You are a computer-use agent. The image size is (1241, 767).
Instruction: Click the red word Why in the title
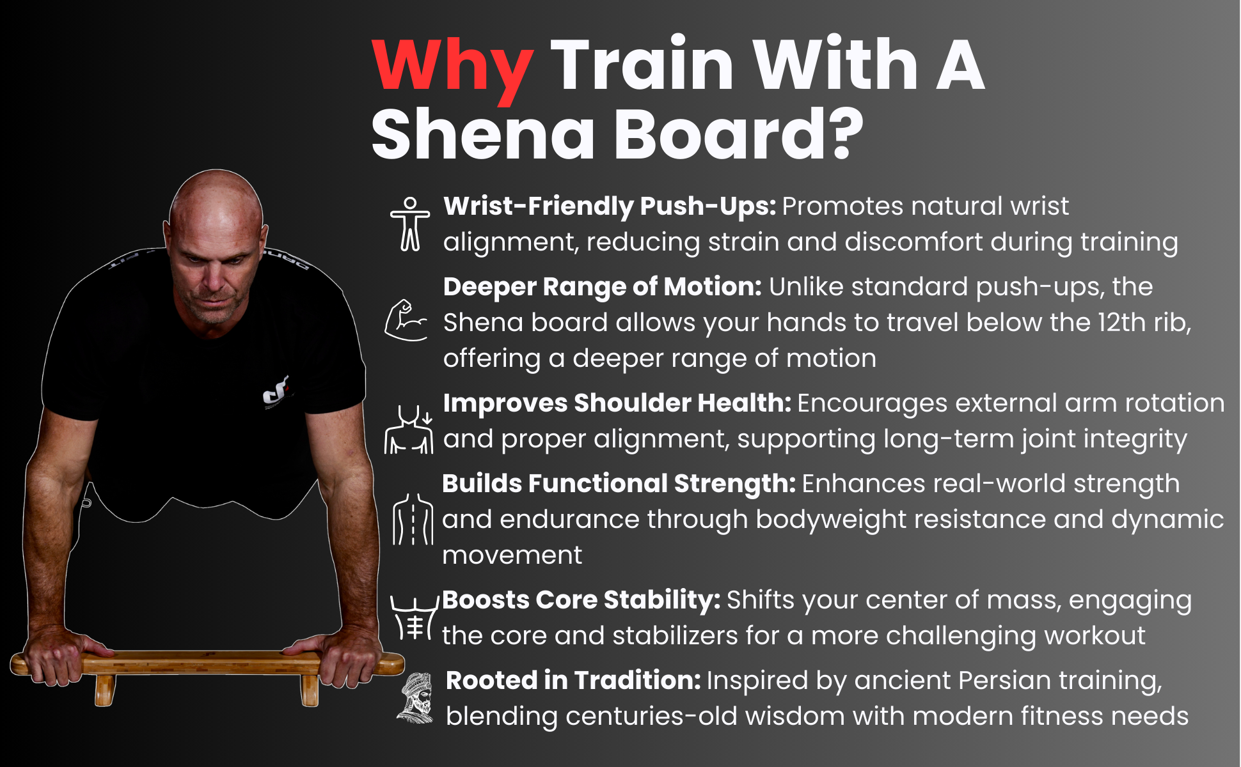point(452,67)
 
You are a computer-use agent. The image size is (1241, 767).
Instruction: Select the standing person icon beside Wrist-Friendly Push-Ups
point(410,224)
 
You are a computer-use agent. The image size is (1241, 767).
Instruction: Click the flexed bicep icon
point(406,320)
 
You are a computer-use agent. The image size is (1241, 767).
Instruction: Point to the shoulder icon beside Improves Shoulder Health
point(409,430)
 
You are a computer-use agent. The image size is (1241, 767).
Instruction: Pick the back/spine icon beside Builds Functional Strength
point(413,519)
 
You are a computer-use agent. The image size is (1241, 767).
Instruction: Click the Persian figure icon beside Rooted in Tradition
point(416,698)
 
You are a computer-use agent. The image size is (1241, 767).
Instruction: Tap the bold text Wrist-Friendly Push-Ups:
point(609,206)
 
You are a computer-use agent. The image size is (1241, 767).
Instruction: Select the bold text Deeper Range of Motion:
point(602,287)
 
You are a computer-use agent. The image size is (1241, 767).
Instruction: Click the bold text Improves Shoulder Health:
point(617,403)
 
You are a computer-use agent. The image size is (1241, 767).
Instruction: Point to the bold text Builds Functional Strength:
point(619,484)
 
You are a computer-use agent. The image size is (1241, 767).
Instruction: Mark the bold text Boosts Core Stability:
point(581,600)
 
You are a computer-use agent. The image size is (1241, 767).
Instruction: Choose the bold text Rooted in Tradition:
point(573,681)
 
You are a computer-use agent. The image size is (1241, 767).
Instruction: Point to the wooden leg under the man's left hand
point(310,690)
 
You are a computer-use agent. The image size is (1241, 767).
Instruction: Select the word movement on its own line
point(512,555)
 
